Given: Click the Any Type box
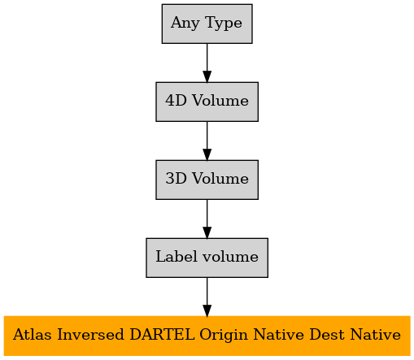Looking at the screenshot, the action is [x=207, y=24].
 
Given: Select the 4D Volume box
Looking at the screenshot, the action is [x=207, y=102].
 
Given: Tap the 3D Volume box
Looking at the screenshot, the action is [x=207, y=180].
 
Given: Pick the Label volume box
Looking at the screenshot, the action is [x=207, y=258].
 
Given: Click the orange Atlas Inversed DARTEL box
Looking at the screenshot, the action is [x=207, y=336].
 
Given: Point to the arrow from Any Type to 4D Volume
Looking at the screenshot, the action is [x=207, y=63].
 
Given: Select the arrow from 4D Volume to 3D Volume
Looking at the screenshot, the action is [x=207, y=141].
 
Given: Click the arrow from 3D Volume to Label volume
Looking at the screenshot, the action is [x=207, y=219].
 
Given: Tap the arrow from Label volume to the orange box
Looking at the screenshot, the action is [x=207, y=297].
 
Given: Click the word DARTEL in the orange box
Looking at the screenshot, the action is [x=162, y=334].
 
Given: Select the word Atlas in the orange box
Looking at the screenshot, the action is [x=33, y=334].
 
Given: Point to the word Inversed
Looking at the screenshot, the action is [x=90, y=334].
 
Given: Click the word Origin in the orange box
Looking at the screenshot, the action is [x=224, y=336].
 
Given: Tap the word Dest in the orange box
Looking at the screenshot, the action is [x=327, y=334].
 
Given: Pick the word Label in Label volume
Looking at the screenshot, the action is [x=176, y=256].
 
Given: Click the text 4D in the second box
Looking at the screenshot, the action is [x=176, y=100].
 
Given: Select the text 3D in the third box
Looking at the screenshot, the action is [x=176, y=178].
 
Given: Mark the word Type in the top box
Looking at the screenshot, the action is [x=224, y=24].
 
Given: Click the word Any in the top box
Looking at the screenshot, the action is [x=185, y=24].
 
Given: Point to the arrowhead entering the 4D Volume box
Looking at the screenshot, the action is [x=207, y=76].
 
